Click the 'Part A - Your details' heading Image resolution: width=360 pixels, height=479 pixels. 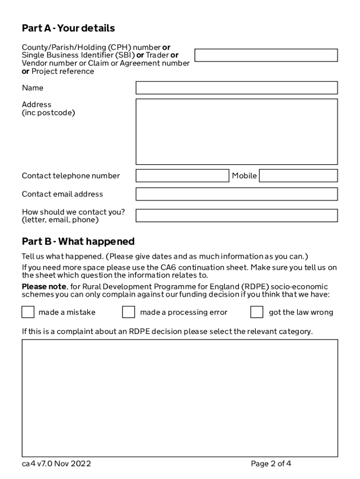pos(68,29)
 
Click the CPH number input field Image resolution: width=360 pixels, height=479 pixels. pos(266,55)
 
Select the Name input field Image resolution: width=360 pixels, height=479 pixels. pos(236,88)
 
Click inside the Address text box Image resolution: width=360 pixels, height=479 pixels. pos(236,131)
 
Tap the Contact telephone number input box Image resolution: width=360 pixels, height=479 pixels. pos(182,176)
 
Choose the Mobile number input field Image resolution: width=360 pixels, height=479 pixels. pos(298,176)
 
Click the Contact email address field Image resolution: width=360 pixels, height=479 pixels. pos(236,194)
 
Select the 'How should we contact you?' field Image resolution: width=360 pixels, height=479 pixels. pos(236,216)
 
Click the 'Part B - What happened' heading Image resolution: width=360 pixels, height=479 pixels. pos(78,242)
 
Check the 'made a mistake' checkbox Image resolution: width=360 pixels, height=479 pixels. pos(28,312)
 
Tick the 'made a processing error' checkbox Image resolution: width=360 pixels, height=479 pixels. pos(129,312)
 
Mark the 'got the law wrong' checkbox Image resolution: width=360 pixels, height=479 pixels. pos(257,312)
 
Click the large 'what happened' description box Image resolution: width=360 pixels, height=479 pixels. pos(180,398)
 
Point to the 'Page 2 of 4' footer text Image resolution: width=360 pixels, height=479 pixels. pos(271,464)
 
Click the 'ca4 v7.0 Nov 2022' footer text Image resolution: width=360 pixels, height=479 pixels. pos(57,464)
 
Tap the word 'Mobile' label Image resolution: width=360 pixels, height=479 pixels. pos(245,176)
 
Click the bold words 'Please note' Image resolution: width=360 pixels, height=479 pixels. pos(41,287)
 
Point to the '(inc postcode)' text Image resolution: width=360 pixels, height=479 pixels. pos(48,113)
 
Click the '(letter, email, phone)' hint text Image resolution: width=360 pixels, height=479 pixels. pos(60,220)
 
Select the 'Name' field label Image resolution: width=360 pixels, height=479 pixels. pos(32,88)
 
